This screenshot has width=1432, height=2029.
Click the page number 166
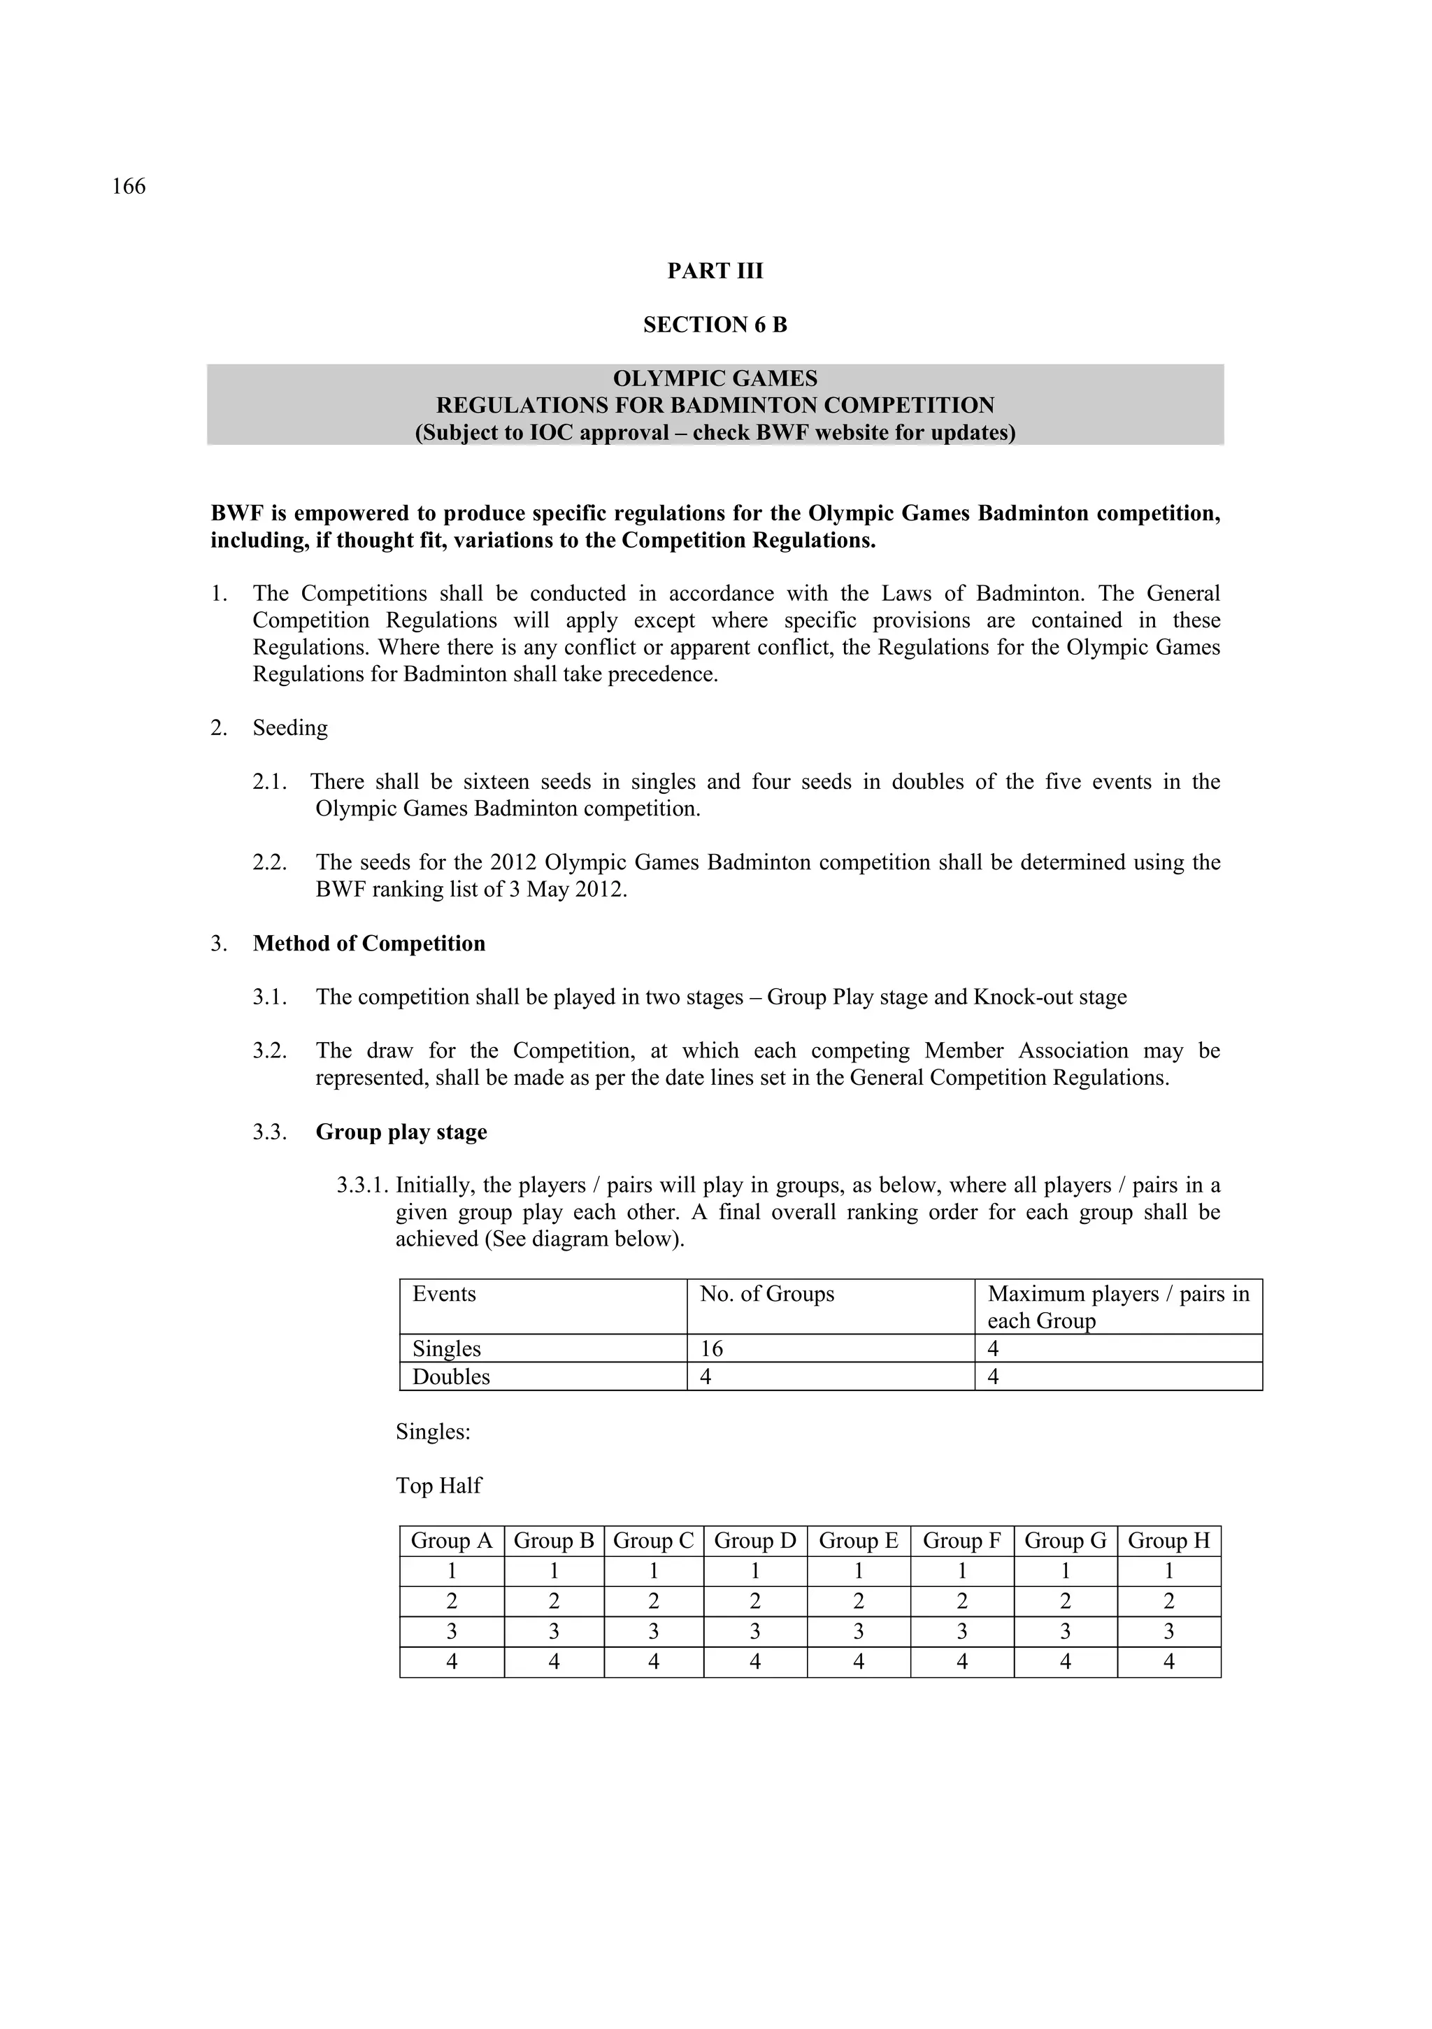tap(129, 187)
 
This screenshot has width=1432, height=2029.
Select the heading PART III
tap(715, 271)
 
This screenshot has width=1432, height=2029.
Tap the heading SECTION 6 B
tap(715, 325)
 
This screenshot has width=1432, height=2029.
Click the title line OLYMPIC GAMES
tap(715, 379)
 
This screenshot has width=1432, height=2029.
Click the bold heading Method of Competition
tap(369, 944)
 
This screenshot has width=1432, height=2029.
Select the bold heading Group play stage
tap(401, 1133)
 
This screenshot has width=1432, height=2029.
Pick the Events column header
tap(444, 1295)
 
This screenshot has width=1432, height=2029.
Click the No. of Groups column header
tap(767, 1295)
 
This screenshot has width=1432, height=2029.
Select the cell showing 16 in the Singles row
tap(711, 1348)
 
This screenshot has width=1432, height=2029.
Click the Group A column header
tap(452, 1542)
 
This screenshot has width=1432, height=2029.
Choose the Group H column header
tap(1169, 1542)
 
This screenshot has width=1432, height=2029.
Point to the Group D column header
tap(754, 1542)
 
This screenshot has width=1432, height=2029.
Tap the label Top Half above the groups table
tap(438, 1486)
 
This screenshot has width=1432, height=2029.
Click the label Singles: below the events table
tap(433, 1432)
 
